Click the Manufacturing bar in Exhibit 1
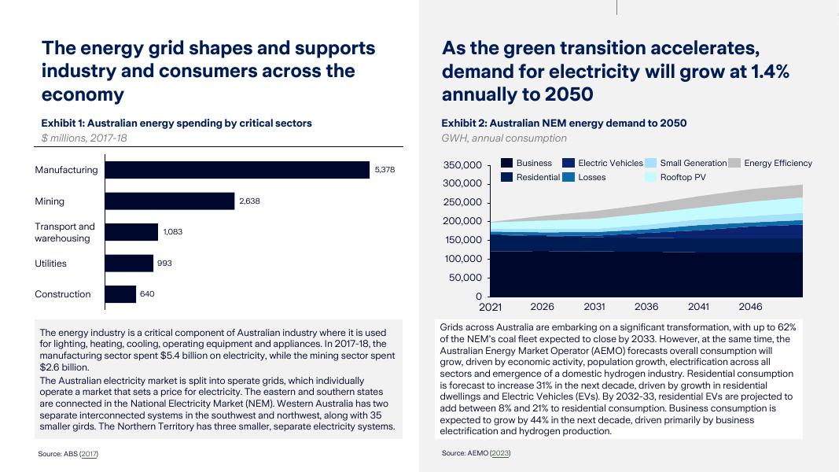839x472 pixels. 237,170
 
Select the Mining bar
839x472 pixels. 170,201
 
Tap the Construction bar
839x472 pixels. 120,294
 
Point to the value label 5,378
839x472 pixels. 385,170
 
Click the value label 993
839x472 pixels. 164,264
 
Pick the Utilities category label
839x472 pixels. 50,264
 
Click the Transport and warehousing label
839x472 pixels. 64,232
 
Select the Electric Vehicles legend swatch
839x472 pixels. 569,163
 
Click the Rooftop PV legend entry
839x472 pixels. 683,177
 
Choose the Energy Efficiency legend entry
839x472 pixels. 778,163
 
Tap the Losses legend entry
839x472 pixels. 592,177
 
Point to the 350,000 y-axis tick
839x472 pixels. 462,165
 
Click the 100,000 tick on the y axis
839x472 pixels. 462,259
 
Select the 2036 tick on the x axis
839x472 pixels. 646,307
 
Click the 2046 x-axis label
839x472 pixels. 750,307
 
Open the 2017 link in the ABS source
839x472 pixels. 89,454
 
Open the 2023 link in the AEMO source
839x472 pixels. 499,453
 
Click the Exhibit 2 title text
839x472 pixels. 563,123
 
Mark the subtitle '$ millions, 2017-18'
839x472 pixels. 84,138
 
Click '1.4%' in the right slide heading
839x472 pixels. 769,72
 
